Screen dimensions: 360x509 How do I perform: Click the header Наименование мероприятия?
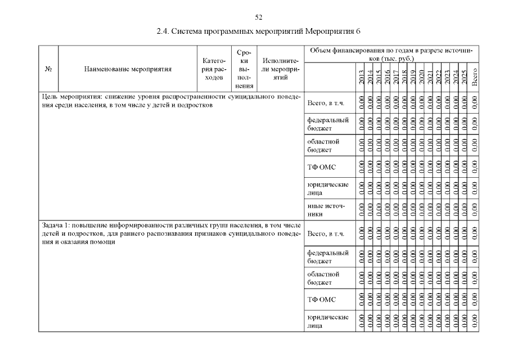point(128,70)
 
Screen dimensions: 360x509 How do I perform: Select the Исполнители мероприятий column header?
point(280,70)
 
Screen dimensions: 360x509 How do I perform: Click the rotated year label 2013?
point(361,76)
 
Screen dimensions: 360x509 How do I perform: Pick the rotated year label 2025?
point(464,76)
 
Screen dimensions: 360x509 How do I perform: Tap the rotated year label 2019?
point(412,76)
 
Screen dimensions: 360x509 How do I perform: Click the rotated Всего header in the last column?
point(475,76)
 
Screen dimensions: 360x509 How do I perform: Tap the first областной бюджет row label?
point(324,145)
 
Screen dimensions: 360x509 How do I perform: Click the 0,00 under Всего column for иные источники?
point(475,209)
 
